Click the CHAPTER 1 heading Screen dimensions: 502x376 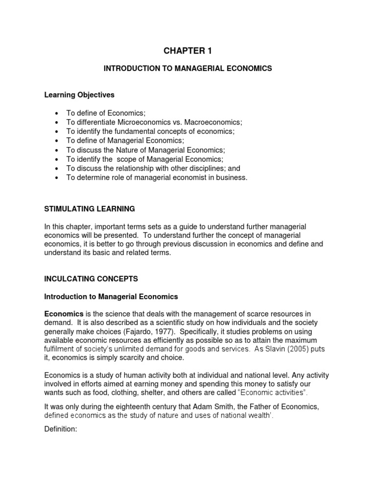[188, 50]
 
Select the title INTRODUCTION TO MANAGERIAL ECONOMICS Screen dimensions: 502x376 [188, 69]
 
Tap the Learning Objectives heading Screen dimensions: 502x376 [79, 95]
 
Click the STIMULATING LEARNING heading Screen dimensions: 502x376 [90, 209]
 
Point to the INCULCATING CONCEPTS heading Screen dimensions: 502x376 [91, 278]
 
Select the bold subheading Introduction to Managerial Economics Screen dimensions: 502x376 [111, 297]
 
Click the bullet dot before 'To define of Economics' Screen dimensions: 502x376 [58, 113]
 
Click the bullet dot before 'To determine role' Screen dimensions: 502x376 [58, 178]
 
